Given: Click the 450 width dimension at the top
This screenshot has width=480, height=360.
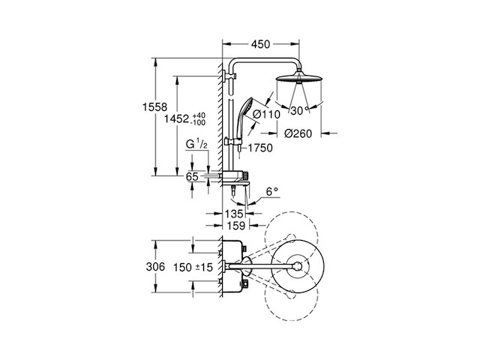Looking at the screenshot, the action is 260,44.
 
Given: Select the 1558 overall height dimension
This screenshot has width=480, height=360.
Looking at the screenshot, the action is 155,107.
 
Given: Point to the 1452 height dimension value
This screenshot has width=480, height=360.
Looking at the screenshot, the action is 177,118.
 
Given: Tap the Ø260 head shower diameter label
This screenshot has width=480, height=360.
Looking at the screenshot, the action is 298,133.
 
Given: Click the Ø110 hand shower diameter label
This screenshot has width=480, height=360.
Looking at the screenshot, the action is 267,115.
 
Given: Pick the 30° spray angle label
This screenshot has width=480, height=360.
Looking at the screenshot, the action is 299,110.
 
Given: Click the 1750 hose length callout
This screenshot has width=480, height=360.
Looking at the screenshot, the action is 260,148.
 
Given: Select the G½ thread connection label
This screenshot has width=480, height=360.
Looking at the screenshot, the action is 196,143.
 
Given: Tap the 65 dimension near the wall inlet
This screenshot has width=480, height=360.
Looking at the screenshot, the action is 192,177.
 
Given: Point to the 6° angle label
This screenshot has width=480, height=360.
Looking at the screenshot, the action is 271,192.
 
